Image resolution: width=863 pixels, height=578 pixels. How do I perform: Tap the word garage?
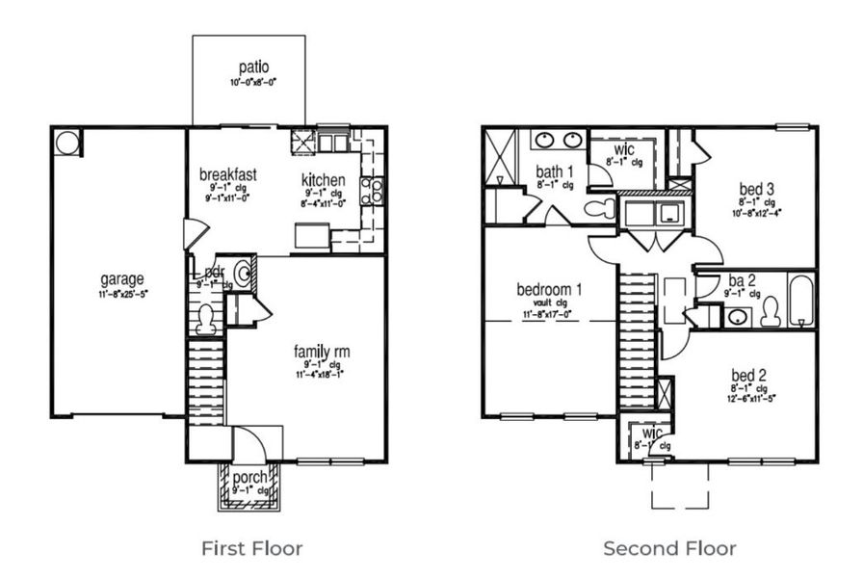121,279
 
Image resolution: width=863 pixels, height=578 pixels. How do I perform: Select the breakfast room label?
227,174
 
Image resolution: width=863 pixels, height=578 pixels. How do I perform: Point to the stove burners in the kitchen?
372,191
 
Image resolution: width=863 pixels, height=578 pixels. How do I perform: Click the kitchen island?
312,236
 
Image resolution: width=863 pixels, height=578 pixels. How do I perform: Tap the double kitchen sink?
333,143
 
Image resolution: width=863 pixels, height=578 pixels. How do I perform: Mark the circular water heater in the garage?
66,143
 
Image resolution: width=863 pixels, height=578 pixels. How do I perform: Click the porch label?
249,479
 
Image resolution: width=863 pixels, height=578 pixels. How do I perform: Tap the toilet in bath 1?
600,209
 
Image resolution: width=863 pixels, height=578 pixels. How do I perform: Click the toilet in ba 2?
770,311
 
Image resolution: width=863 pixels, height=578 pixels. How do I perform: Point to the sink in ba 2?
737,316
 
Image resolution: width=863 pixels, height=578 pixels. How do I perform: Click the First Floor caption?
251,548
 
